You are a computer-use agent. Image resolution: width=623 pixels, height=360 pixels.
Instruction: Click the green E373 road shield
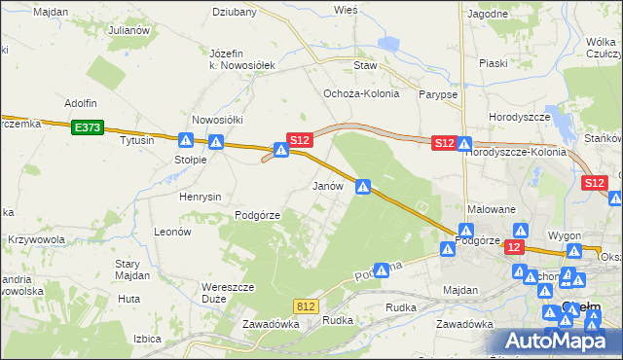(87, 126)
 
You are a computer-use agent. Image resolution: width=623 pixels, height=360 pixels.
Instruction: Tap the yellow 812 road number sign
(306, 306)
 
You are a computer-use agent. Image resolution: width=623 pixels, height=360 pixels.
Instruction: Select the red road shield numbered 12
(514, 248)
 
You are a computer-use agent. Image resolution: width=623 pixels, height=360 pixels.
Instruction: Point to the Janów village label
(326, 185)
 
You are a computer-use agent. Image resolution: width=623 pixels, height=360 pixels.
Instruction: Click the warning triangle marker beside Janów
(363, 186)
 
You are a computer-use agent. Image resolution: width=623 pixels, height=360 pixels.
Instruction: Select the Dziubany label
(235, 13)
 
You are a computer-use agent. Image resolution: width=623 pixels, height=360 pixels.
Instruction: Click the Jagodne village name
(487, 14)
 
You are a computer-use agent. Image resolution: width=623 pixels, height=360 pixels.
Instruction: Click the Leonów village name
(172, 232)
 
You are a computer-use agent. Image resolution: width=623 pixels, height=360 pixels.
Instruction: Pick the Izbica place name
(147, 339)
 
